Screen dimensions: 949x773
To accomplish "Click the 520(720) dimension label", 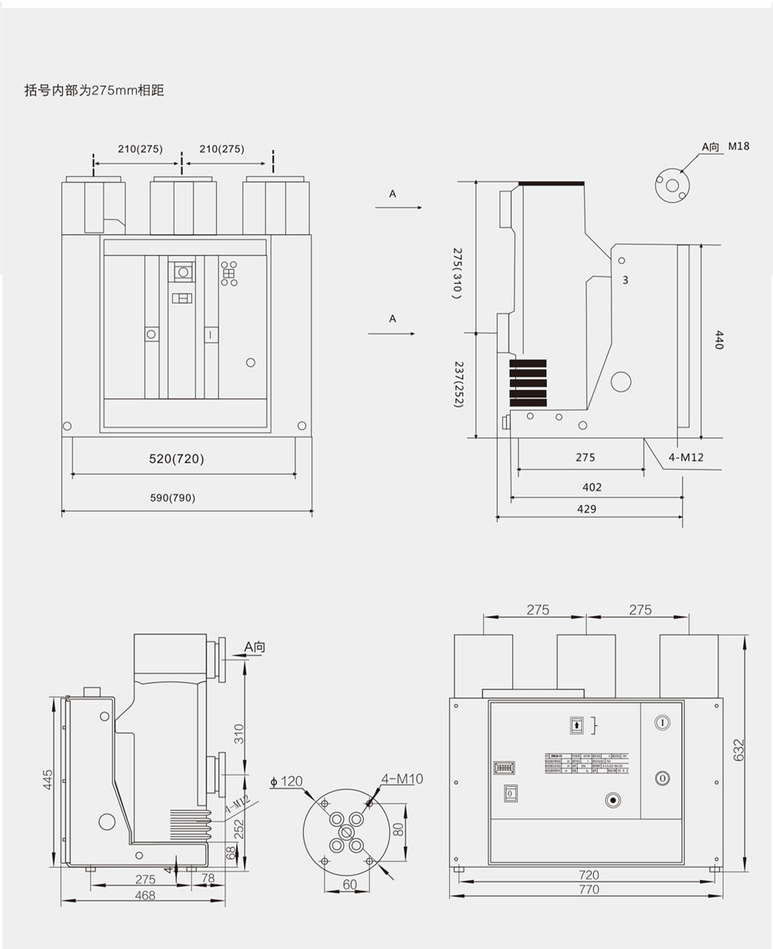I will (x=177, y=459).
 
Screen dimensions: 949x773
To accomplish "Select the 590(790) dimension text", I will (x=173, y=498).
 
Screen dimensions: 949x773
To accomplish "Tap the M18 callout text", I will (x=738, y=146).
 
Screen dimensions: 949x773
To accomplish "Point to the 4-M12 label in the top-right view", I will (x=686, y=457).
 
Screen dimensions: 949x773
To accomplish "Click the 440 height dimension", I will (x=718, y=340).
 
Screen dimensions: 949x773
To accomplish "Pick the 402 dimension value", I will (x=591, y=487).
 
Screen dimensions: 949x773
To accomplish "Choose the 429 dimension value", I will (x=587, y=509).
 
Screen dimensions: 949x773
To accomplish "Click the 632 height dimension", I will (x=739, y=750).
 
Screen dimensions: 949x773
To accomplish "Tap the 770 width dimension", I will (x=589, y=890).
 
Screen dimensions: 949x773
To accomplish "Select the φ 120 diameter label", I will (x=286, y=781).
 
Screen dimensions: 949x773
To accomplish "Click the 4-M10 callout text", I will (x=402, y=779).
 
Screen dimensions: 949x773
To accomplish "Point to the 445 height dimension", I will (x=48, y=781).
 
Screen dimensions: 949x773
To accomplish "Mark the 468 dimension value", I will (x=145, y=895).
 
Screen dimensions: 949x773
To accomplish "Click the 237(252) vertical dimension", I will (x=458, y=384).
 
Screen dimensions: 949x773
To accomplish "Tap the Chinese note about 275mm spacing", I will (x=94, y=90).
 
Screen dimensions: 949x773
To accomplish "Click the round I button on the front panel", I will (x=662, y=723).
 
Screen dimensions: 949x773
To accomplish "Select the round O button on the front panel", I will (x=662, y=778).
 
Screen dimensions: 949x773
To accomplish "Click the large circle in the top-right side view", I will (x=621, y=381).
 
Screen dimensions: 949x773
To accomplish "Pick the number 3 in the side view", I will (x=625, y=280).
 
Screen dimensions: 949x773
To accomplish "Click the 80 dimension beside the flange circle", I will (x=398, y=829).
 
